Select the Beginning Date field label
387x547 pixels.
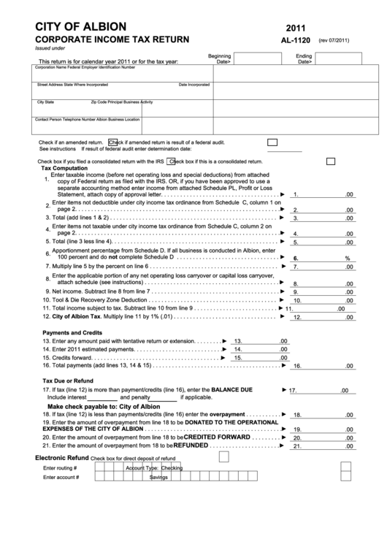[x=219, y=58]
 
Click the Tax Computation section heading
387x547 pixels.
[x=65, y=167]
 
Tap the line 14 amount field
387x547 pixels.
[x=256, y=349]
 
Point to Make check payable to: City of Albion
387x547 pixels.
[x=103, y=406]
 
